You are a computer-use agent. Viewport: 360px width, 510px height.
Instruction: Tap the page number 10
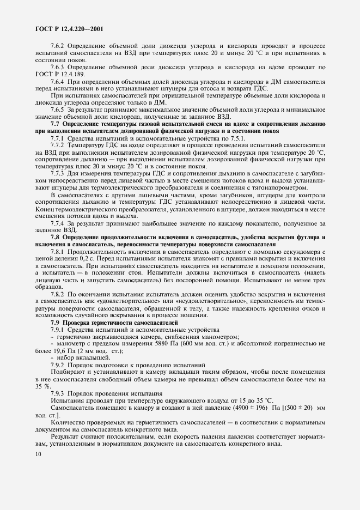(37, 454)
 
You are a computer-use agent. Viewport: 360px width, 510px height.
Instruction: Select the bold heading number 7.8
(55, 238)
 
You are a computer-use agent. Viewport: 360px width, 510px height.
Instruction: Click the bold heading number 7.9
(55, 323)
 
